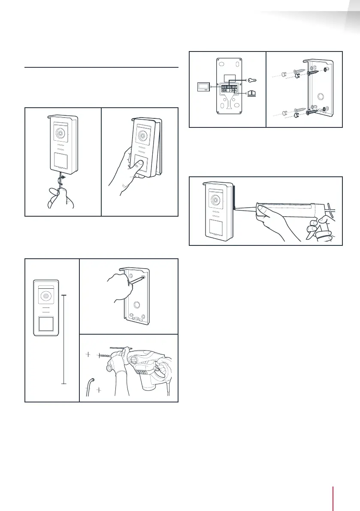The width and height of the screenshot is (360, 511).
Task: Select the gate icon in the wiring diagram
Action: point(251,92)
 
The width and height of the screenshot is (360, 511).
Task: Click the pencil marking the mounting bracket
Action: point(137,281)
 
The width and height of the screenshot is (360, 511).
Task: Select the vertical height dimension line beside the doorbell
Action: point(64,339)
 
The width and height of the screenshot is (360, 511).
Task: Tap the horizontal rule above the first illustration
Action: point(101,67)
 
